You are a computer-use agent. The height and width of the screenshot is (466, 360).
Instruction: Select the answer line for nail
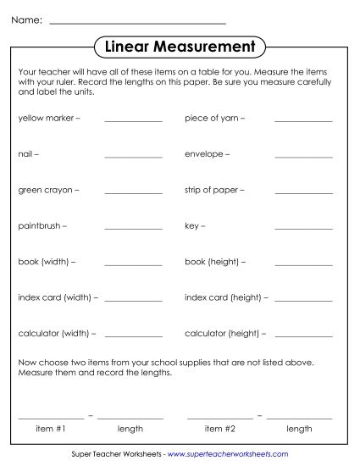point(133,158)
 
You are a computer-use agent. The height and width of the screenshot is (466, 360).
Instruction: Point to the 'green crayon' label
point(48,191)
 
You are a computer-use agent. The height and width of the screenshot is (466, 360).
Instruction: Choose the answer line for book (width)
point(133,265)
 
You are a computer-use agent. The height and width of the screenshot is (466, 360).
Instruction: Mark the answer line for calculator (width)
point(133,336)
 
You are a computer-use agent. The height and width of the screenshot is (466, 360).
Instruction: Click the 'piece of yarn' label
point(215,119)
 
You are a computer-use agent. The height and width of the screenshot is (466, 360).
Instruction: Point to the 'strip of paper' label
point(215,191)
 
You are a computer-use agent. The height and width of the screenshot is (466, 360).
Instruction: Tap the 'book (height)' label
point(215,263)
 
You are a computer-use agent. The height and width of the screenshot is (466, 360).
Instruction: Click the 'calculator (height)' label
point(224,334)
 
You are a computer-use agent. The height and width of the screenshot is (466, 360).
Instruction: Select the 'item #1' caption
point(51,429)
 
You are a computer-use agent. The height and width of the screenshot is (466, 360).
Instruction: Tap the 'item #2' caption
point(219,429)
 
